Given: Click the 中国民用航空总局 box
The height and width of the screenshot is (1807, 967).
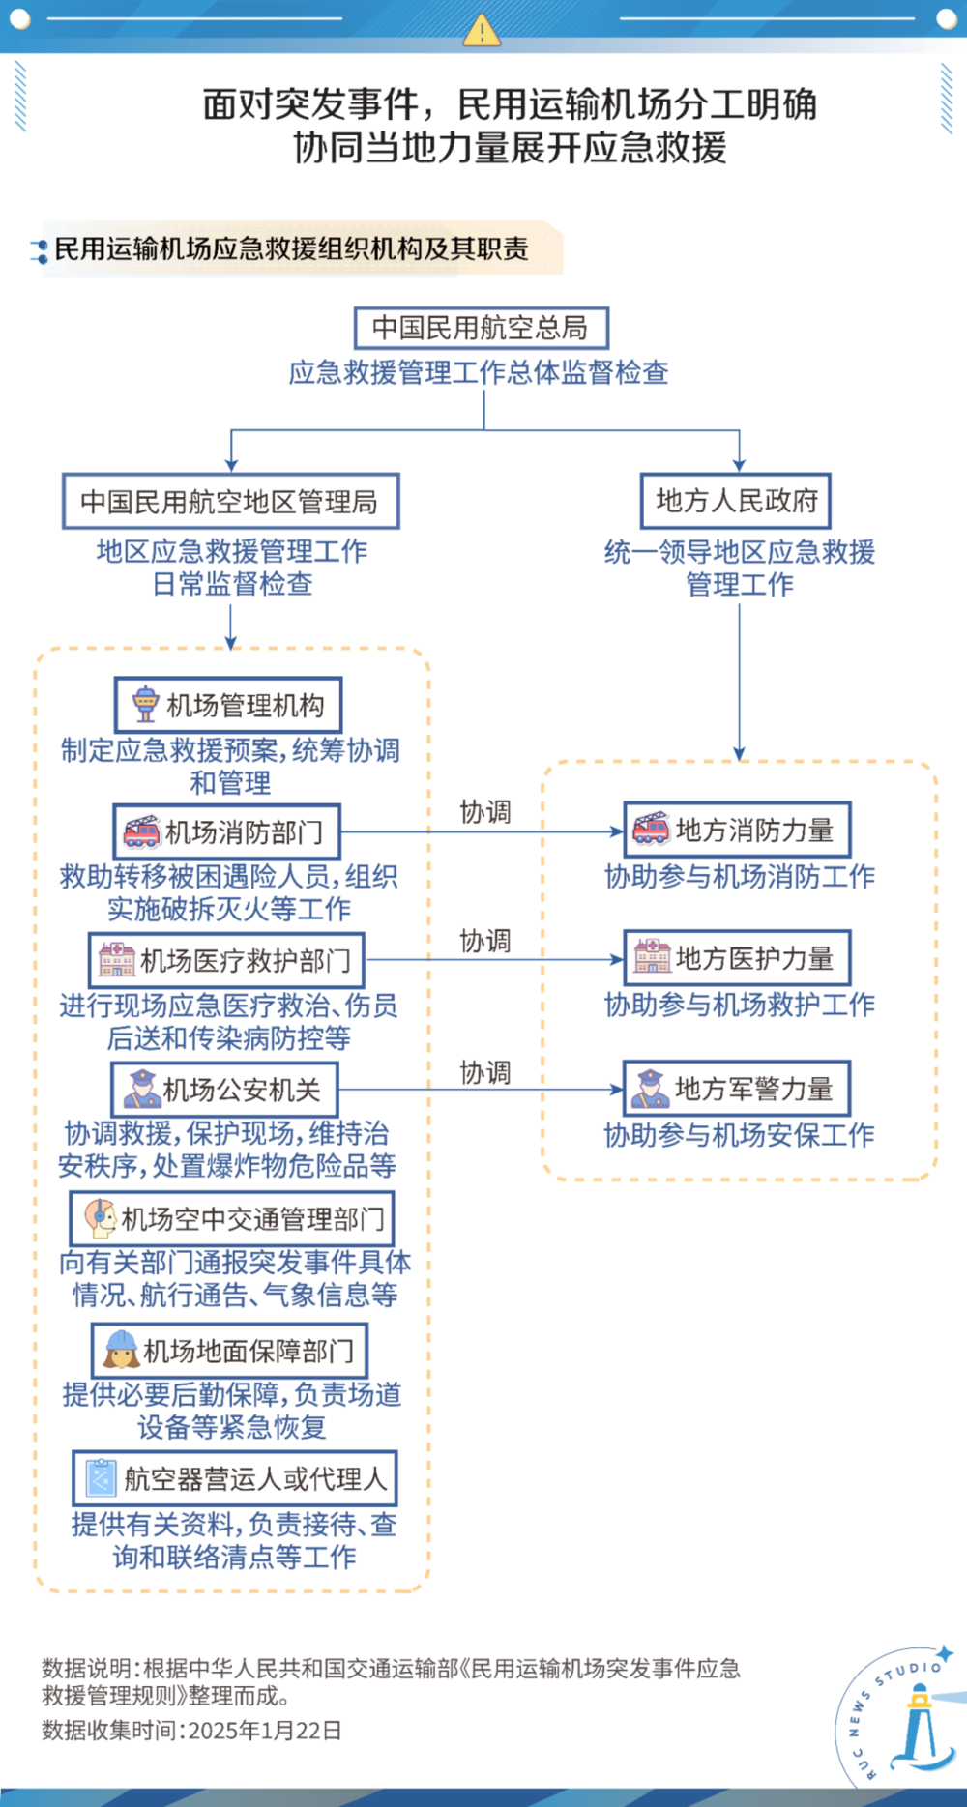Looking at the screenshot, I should point(481,328).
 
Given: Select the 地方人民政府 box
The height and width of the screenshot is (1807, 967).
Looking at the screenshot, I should point(736,501).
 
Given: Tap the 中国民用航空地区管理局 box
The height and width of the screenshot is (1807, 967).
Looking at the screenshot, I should point(230,502).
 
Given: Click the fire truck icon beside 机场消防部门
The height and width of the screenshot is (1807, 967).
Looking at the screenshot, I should point(142,831).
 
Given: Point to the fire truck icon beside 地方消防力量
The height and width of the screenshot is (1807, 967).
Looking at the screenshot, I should point(651,829).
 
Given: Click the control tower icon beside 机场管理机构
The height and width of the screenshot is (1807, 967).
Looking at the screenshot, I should point(145,705).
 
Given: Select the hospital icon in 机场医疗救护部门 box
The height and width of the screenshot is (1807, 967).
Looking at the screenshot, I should point(117,960).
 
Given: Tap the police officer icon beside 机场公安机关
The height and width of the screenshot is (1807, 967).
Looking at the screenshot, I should point(141,1090).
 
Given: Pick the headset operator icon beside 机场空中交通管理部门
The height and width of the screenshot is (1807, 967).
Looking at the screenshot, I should point(100,1218).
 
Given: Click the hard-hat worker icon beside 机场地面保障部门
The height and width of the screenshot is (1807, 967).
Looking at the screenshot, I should point(122,1350).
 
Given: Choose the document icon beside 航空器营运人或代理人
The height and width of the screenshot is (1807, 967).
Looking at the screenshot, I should point(102,1478).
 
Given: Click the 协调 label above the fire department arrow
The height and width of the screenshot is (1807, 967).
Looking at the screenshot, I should point(484,812).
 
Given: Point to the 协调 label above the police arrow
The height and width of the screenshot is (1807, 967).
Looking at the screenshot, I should point(484,1072).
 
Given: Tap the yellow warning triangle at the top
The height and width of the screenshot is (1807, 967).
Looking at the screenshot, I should point(482,30).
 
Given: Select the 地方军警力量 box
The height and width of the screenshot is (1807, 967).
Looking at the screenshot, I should point(737,1089).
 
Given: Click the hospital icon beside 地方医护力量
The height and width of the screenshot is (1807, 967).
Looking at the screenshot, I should point(652,957).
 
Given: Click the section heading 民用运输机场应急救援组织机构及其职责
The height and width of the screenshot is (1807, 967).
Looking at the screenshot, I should point(291,249).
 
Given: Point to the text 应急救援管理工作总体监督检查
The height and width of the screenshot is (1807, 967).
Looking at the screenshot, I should point(479,373).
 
